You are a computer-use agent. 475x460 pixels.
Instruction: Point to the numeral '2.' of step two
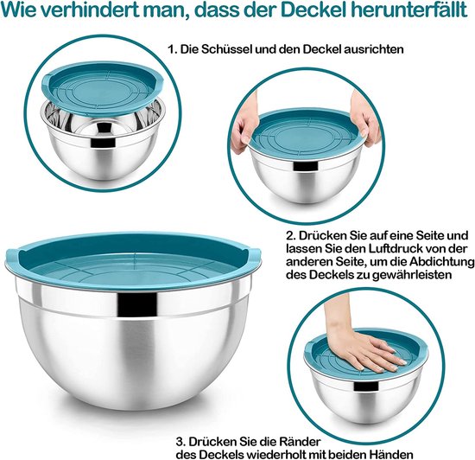[292, 235]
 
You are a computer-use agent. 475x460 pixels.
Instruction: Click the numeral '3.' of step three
[181, 442]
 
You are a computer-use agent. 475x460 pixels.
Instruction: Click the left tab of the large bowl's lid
[13, 256]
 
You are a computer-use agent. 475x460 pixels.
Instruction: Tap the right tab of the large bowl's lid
[254, 255]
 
